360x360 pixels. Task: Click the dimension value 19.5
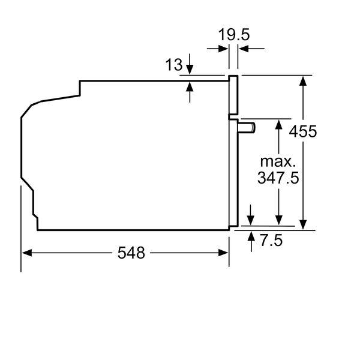(233, 35)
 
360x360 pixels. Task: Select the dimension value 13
(173, 65)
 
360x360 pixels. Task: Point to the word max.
(278, 161)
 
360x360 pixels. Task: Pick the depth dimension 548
(131, 253)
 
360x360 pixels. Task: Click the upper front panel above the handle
(233, 96)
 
